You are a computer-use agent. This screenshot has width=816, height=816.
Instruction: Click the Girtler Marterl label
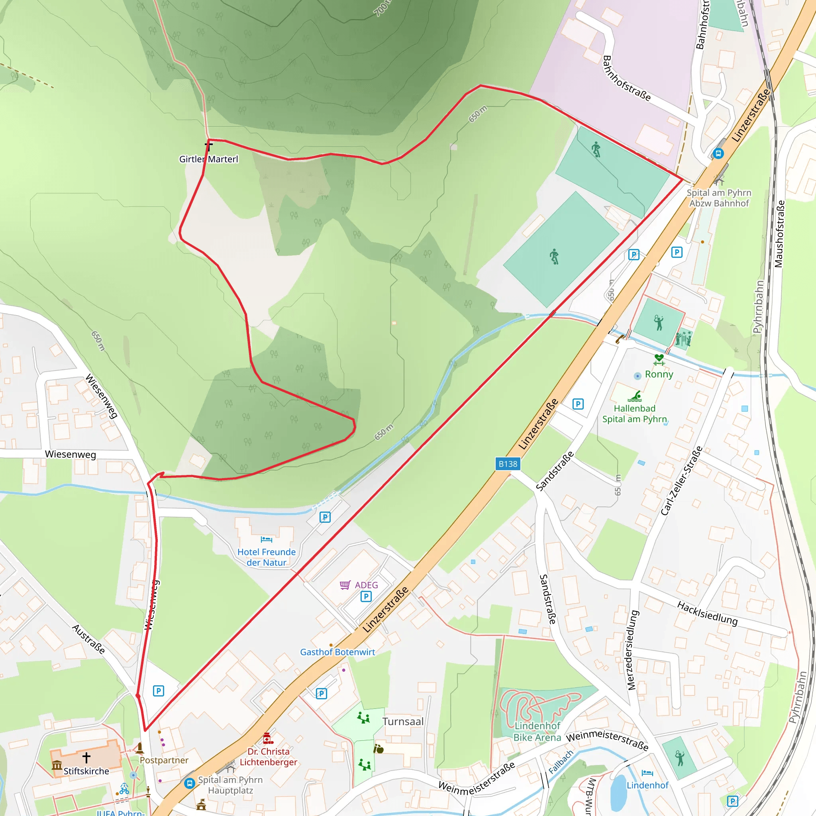[209, 159]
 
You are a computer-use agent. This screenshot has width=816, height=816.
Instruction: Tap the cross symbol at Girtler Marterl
[209, 146]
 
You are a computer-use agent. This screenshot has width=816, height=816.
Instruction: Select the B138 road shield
[507, 464]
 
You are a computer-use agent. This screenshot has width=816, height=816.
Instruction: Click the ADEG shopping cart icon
[345, 585]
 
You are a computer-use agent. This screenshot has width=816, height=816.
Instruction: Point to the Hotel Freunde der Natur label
[267, 557]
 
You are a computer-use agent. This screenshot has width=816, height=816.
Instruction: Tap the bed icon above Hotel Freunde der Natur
[267, 539]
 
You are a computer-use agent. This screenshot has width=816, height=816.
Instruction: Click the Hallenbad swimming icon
[634, 396]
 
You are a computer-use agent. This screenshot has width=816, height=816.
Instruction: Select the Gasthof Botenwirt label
[337, 652]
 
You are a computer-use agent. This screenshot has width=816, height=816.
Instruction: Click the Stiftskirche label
[86, 771]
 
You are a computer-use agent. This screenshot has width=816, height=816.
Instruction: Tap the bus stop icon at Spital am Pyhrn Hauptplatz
[190, 783]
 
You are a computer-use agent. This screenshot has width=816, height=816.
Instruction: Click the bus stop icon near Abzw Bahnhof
[718, 153]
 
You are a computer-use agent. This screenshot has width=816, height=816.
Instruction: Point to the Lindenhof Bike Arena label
[537, 732]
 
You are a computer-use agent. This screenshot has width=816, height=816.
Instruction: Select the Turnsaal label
[403, 722]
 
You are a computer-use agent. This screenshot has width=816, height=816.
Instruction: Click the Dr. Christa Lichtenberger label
[269, 757]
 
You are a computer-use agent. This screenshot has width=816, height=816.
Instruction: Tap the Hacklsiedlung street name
[707, 614]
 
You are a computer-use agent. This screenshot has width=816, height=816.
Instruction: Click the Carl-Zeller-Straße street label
[681, 481]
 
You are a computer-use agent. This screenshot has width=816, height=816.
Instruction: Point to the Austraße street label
[89, 639]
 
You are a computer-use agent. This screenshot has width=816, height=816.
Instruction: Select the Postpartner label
[164, 760]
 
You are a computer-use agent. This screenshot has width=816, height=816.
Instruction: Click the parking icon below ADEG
[366, 596]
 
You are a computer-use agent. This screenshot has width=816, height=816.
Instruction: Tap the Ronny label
[659, 374]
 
